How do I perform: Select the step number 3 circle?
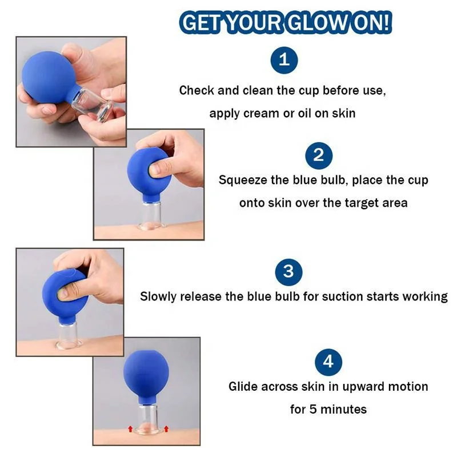(x=288, y=271)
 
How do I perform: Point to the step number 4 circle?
(x=328, y=362)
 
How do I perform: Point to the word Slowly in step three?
(x=158, y=296)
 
